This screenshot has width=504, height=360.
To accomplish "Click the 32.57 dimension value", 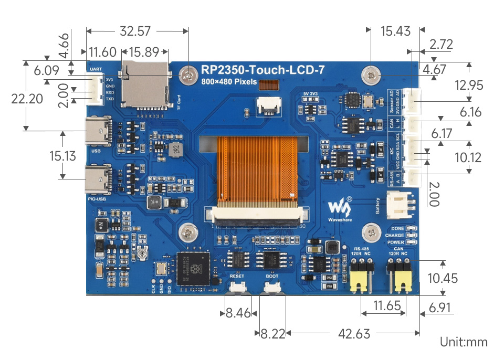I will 135,31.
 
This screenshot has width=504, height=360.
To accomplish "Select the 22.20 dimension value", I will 26,99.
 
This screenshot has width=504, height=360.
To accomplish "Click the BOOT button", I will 272,287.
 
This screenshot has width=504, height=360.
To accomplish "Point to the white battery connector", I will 400,204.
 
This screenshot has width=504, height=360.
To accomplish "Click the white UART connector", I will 96,88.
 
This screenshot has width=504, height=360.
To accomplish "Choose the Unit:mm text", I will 464,342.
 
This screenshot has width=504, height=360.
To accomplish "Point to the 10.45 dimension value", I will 443,278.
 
